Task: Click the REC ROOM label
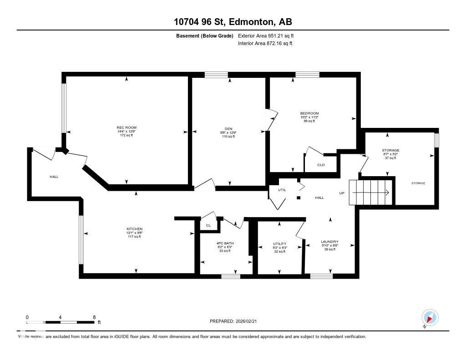tap(127, 127)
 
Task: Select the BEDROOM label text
tap(309, 113)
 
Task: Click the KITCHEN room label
tap(135, 228)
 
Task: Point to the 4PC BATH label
tap(225, 243)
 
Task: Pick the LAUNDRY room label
tap(329, 242)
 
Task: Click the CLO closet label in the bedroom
tap(321, 165)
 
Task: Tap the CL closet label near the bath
tap(208, 225)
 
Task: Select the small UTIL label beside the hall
tap(282, 190)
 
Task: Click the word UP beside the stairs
tap(342, 193)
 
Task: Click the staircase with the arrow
tap(369, 193)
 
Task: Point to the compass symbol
tap(430, 317)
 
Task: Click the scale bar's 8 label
tap(94, 317)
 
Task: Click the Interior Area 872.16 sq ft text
tap(265, 43)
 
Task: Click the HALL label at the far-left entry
tap(54, 177)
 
